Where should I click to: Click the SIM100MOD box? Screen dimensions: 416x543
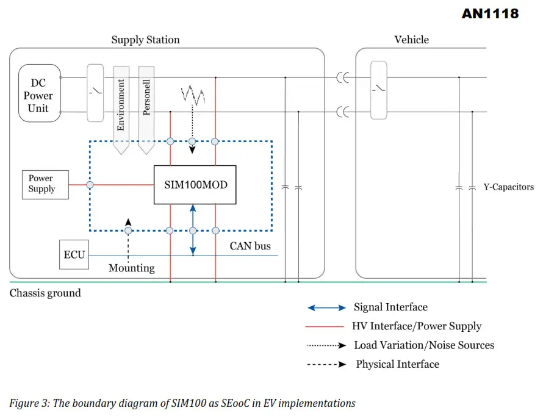[x=195, y=184]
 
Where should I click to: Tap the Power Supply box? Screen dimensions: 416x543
[x=41, y=184]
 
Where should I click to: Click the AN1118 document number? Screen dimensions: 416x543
[x=490, y=13]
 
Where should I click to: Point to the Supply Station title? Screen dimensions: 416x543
[x=145, y=40]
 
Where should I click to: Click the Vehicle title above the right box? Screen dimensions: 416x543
[x=411, y=40]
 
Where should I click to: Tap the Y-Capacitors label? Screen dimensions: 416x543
[x=508, y=187]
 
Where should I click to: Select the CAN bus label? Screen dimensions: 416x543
[x=250, y=246]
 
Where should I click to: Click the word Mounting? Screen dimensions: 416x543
[x=131, y=268]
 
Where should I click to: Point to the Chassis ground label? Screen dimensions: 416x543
[x=45, y=293]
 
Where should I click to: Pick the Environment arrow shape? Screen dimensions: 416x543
[x=121, y=107]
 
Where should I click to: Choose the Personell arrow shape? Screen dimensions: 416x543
[x=146, y=107]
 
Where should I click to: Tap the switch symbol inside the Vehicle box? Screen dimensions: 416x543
[x=379, y=90]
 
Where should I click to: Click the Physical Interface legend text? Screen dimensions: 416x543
[x=397, y=364]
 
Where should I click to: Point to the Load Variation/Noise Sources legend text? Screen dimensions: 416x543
[x=424, y=345]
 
